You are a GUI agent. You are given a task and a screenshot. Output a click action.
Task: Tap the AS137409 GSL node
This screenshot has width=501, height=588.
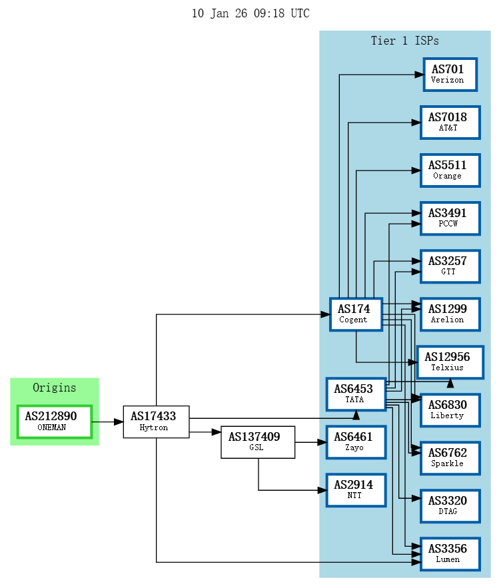click(258, 442)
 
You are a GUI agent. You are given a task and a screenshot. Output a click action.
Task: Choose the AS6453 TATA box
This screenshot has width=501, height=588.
click(356, 394)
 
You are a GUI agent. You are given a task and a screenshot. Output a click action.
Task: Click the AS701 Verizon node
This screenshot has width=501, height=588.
click(450, 75)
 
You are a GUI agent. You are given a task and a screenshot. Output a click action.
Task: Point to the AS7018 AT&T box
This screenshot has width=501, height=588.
click(450, 123)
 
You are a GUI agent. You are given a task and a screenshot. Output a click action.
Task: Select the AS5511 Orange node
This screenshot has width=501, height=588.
click(450, 170)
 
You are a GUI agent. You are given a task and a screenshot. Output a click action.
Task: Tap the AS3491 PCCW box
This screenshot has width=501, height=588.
click(450, 218)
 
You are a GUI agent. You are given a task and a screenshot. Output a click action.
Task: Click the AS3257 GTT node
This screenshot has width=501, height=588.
click(450, 266)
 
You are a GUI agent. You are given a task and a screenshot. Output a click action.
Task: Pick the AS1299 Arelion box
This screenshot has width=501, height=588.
click(450, 314)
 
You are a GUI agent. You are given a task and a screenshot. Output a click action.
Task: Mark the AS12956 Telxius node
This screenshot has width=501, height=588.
click(450, 362)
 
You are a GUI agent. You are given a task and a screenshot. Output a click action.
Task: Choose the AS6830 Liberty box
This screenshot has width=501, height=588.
click(450, 410)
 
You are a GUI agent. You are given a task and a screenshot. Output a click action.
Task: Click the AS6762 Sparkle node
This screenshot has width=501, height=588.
click(450, 458)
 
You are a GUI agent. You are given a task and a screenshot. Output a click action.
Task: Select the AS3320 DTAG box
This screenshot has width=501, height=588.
click(450, 506)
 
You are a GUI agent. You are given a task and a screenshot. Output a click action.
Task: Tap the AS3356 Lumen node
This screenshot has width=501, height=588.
click(450, 554)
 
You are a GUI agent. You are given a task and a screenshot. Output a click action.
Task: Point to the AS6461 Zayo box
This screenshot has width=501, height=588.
click(356, 442)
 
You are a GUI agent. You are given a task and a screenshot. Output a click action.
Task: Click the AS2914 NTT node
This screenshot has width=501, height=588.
click(356, 490)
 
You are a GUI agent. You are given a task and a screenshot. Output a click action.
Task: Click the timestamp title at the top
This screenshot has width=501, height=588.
click(250, 13)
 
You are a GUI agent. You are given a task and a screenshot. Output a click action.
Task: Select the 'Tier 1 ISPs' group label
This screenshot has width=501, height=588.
click(404, 41)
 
